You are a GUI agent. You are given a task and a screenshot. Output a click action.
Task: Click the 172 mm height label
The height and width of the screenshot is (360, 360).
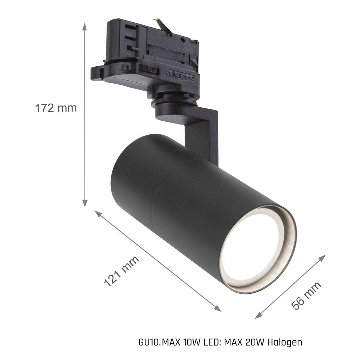pyautogui.click(x=56, y=108)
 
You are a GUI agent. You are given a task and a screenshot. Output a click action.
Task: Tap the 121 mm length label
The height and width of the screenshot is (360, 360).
pyautogui.click(x=122, y=271)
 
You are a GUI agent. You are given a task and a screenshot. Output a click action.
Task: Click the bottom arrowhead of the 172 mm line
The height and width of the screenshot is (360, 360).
pyautogui.click(x=85, y=203)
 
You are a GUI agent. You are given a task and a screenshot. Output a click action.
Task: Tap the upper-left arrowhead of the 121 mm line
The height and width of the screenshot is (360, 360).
pyautogui.click(x=98, y=213)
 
